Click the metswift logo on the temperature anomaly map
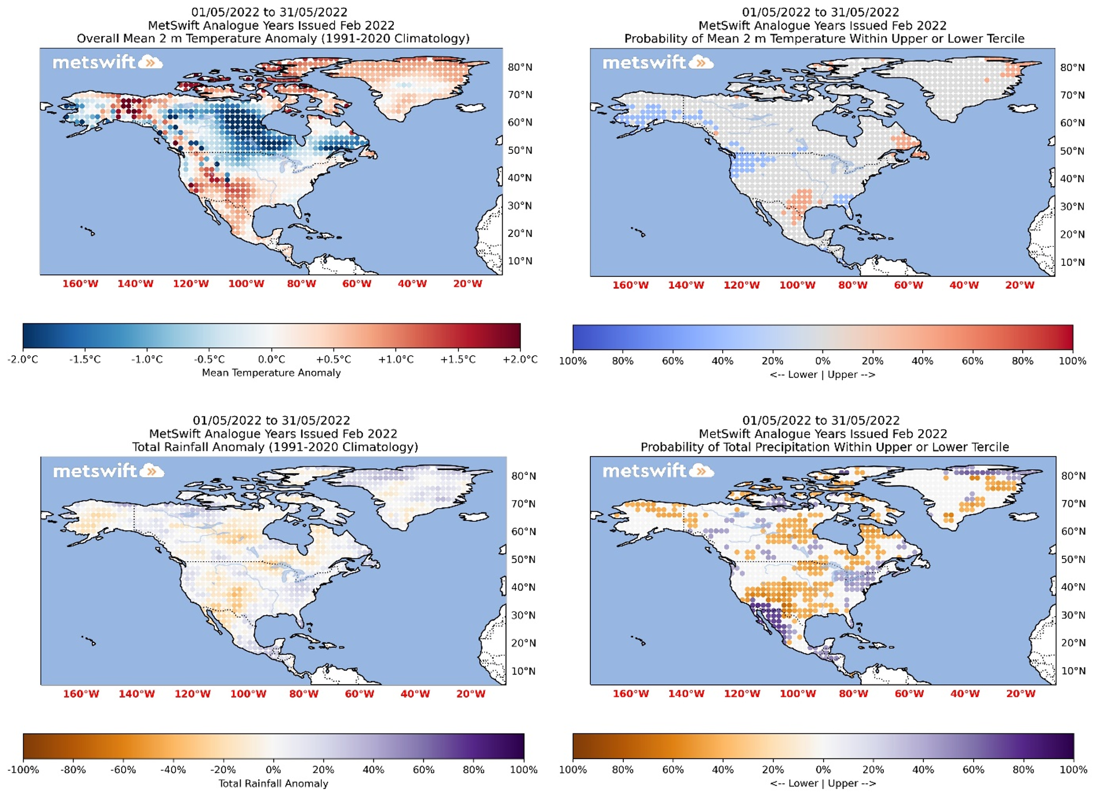coord(107,63)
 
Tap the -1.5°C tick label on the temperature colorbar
coord(85,359)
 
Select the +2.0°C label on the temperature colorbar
coord(520,359)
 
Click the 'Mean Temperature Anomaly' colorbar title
coord(272,373)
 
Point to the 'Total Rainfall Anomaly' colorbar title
coord(273,783)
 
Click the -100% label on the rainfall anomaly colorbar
coord(23,770)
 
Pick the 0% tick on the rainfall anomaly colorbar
coord(273,770)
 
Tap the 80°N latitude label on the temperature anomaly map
coord(520,67)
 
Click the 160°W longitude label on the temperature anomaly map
coord(80,284)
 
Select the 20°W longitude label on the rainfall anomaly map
coord(471,694)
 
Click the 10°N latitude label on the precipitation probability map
coord(1073,671)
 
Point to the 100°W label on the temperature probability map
coord(797,285)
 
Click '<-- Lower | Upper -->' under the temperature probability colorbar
coord(822,375)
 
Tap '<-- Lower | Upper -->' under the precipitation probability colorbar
coord(823,783)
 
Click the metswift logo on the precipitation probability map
coord(658,471)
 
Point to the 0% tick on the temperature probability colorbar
coord(822,361)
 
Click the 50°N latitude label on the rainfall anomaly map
coord(524,560)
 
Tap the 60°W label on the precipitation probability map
coord(909,694)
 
